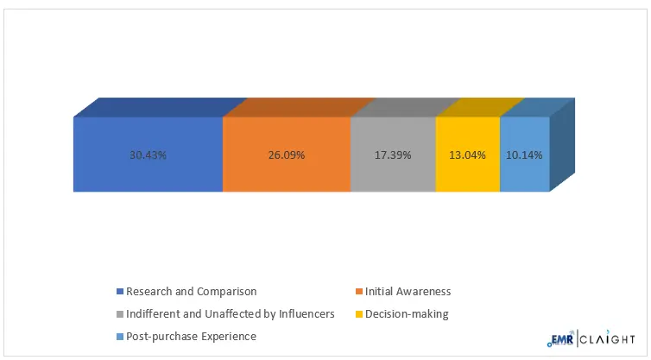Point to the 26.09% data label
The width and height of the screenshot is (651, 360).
click(x=287, y=155)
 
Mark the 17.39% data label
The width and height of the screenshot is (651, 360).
click(x=393, y=155)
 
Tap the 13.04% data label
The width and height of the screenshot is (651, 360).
click(x=468, y=155)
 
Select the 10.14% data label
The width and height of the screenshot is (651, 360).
click(x=525, y=155)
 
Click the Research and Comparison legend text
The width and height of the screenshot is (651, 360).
click(x=191, y=292)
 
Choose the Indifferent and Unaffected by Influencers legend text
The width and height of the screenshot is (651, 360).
click(x=231, y=314)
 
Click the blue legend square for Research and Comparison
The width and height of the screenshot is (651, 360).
click(x=120, y=292)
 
